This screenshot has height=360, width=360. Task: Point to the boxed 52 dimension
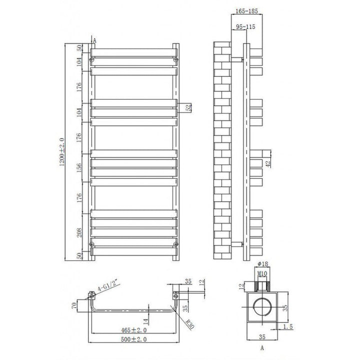pyautogui.click(x=188, y=107)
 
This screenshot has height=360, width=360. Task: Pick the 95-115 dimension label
pyautogui.click(x=244, y=27)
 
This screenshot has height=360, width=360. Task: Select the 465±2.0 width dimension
pyautogui.click(x=134, y=330)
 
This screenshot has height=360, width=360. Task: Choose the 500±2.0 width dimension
pyautogui.click(x=134, y=340)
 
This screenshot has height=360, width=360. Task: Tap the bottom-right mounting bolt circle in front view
pyautogui.click(x=175, y=243)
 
